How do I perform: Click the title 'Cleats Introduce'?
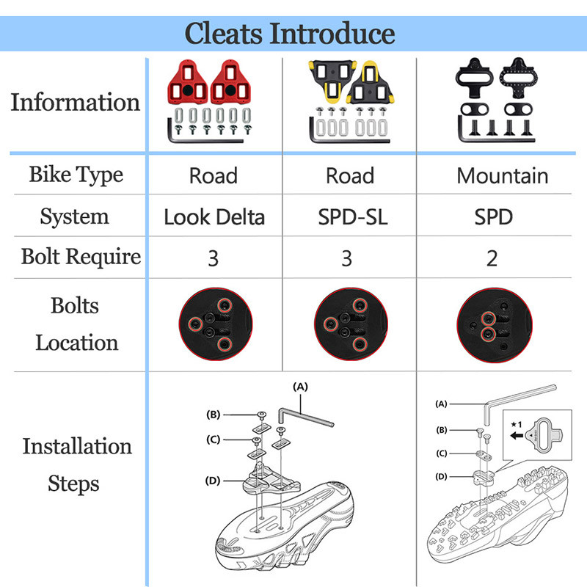289,33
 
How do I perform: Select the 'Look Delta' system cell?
214,217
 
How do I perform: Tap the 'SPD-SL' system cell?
347,217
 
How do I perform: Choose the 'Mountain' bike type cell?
502,176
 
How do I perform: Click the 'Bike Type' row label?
76,175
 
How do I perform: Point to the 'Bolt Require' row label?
81,257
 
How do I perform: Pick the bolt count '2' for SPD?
492,258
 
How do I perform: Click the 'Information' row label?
76,102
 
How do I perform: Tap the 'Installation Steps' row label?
77,464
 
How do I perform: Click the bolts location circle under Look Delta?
213,324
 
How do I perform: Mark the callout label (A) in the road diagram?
300,385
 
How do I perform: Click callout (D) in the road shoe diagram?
213,481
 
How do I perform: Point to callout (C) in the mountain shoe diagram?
442,453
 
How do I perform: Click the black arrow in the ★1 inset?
519,434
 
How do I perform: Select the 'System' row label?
75,216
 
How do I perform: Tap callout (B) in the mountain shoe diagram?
442,429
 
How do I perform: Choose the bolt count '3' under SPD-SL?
347,258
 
